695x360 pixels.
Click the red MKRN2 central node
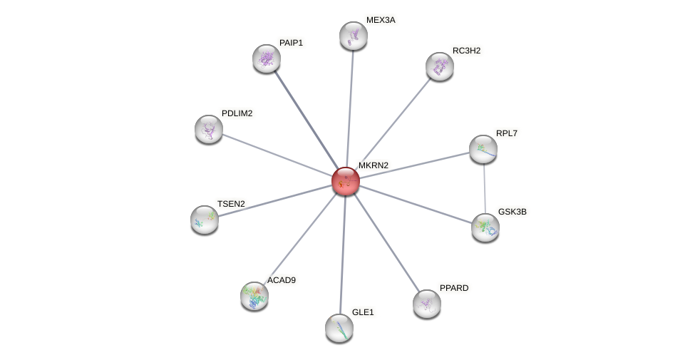346,181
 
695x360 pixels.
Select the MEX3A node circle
353,36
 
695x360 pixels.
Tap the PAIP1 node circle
267,58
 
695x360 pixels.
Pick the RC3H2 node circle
440,66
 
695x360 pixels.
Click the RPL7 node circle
483,149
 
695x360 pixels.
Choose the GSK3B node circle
485,227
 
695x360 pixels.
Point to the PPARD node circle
427,304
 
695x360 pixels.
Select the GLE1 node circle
339,328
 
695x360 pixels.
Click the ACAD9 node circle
254,296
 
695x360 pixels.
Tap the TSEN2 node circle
205,220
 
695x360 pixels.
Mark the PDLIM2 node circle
209,129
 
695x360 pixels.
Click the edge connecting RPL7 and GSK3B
485,188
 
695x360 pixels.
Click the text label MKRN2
374,165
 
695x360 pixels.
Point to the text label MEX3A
381,20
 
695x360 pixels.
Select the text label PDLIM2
237,113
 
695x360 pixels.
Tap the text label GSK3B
512,212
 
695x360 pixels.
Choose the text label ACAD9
281,280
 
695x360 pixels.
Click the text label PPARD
454,288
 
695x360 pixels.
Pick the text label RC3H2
466,51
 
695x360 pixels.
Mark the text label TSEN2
231,204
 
